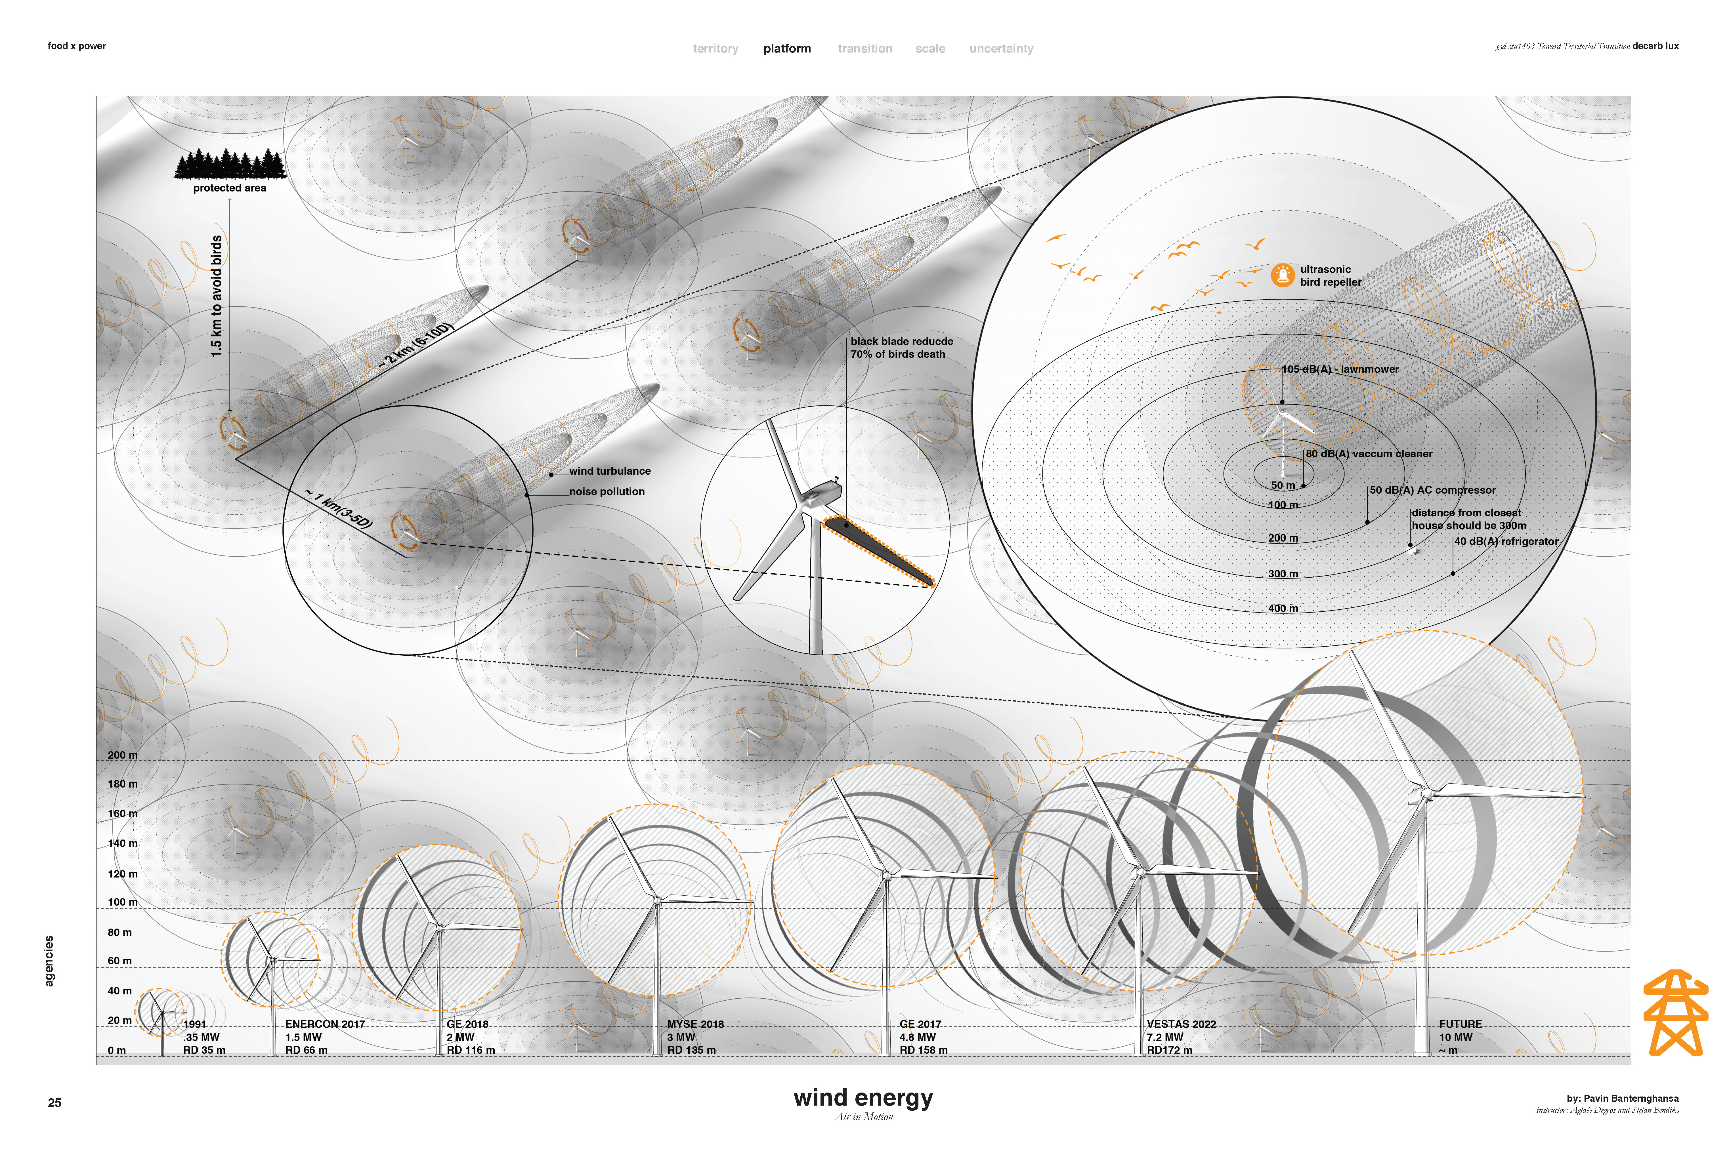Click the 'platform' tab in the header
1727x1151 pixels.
pyautogui.click(x=787, y=49)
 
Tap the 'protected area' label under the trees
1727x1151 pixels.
pyautogui.click(x=230, y=188)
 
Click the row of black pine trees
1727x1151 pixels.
pyautogui.click(x=230, y=164)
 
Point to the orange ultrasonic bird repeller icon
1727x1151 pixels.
pyautogui.click(x=1282, y=275)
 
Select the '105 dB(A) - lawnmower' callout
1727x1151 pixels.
pyautogui.click(x=1340, y=369)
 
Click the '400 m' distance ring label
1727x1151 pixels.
pyautogui.click(x=1283, y=609)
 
